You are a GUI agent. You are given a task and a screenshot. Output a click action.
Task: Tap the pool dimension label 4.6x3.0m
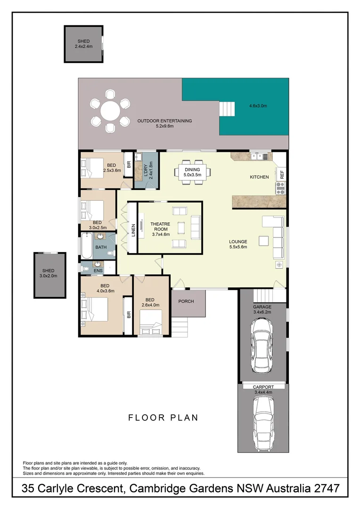pos(258,106)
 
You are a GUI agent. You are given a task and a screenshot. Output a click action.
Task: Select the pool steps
pos(227,110)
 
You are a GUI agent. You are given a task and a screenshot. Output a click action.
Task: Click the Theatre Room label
pos(160,229)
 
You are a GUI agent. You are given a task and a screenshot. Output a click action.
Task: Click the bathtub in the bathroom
pos(86,246)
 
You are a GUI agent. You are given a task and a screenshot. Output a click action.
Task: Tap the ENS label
pos(98,271)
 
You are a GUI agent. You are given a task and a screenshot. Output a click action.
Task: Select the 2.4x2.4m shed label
pos(83,44)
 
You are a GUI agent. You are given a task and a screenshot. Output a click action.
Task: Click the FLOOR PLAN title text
pos(163,418)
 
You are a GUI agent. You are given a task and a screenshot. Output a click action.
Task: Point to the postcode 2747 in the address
pos(325,489)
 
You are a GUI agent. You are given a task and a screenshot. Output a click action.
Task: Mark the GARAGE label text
pos(262,307)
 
